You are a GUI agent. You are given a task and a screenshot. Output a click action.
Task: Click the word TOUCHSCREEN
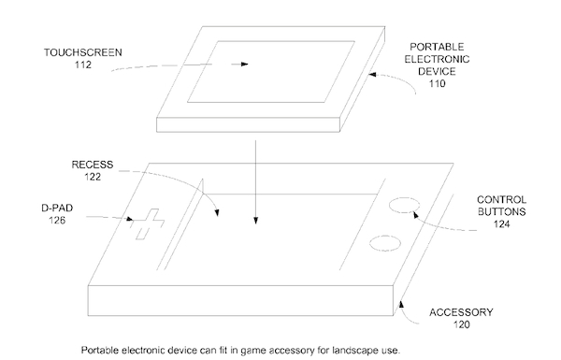[83, 52]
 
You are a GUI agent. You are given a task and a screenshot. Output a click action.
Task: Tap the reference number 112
[83, 65]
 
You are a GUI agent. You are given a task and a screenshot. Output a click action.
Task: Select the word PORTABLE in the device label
[437, 47]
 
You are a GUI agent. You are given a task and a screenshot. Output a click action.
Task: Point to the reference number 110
[437, 84]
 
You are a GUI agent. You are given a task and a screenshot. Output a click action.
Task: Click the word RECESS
[93, 165]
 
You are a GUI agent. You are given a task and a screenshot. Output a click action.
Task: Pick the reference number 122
[93, 177]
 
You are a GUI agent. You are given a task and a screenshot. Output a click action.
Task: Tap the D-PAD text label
[57, 208]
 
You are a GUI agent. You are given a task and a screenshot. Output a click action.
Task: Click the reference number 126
[57, 220]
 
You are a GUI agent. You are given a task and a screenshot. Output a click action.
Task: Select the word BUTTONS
[501, 212]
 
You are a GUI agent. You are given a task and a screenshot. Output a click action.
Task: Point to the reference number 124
[501, 224]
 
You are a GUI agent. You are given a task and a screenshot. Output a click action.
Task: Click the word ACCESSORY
[461, 312]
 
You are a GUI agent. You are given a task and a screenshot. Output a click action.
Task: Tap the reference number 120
[462, 324]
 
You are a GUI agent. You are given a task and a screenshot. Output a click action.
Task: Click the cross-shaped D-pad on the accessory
[148, 224]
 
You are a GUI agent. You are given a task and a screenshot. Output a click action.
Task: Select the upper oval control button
[404, 205]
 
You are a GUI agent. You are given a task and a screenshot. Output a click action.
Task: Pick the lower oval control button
[385, 243]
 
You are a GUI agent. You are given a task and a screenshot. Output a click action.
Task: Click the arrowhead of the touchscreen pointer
[245, 65]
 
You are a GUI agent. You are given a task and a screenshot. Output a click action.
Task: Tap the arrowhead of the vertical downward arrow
[255, 221]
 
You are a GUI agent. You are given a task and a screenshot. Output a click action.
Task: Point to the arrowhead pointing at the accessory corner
[401, 305]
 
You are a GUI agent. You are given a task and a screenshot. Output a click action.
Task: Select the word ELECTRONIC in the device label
[437, 59]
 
